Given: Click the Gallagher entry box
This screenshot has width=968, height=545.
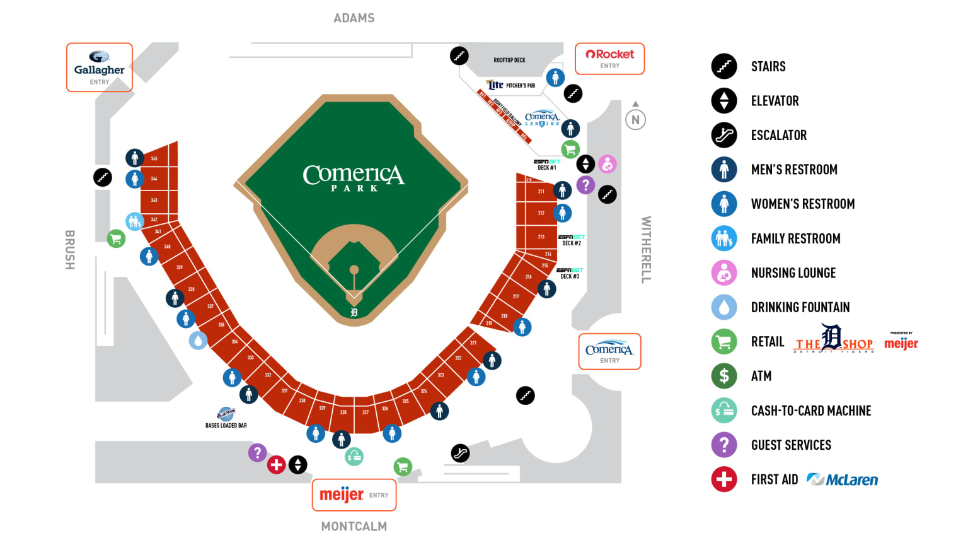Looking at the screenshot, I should [x=100, y=67].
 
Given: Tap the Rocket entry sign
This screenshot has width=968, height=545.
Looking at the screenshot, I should [x=609, y=59].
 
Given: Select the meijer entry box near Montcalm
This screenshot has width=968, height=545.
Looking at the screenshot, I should [x=354, y=495].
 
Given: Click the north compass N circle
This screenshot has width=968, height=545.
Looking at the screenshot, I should [x=635, y=119].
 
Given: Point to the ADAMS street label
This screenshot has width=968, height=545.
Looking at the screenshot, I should [x=354, y=18].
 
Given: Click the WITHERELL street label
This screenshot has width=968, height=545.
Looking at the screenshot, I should [x=646, y=250].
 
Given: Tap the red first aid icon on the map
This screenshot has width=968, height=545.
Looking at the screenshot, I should [x=276, y=465].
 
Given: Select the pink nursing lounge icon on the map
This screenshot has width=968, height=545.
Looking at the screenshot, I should [x=607, y=165].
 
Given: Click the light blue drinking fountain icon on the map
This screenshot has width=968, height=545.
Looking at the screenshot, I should [x=199, y=341].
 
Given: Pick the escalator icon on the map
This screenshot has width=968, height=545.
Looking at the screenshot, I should [x=461, y=453].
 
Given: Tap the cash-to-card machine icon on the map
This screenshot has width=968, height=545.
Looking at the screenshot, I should [x=354, y=457].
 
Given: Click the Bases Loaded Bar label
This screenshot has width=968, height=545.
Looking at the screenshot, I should [x=226, y=425].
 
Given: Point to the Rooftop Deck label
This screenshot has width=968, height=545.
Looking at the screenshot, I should [x=509, y=61].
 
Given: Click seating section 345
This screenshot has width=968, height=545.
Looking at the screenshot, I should [x=154, y=158].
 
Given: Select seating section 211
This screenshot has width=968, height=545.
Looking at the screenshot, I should [x=541, y=191].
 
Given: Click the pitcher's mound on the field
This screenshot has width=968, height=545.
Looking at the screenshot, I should [x=354, y=270].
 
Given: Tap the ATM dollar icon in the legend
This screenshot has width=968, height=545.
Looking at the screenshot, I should [x=724, y=376].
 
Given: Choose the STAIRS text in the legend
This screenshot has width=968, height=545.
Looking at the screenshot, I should [x=768, y=67].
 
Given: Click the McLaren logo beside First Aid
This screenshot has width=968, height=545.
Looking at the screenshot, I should [x=842, y=480].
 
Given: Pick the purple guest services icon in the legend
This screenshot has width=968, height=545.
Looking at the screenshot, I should [x=724, y=445].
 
